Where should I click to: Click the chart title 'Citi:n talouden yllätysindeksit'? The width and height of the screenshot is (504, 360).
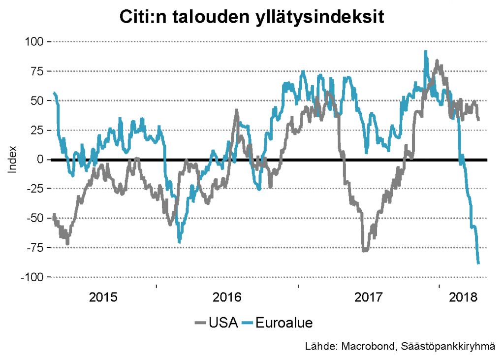click(x=252, y=17)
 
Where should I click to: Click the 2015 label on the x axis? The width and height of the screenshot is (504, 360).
click(x=104, y=297)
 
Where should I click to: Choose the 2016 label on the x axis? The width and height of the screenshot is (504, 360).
click(x=227, y=297)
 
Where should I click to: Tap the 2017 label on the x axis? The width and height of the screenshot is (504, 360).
click(x=369, y=297)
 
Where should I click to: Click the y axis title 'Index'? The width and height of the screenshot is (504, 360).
click(x=13, y=159)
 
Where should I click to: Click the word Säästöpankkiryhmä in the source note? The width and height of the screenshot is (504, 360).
click(x=446, y=347)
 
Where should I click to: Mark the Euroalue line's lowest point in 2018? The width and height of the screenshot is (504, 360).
click(x=478, y=263)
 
